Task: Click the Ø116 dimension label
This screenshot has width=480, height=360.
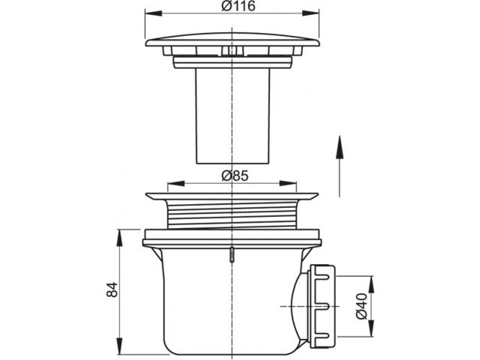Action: coord(238,6)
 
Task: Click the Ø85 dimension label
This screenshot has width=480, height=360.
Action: coord(235,175)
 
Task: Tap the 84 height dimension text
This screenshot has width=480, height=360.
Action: coord(112,289)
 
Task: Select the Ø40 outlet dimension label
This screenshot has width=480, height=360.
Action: coord(361,306)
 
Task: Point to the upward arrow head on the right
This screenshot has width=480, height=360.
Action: coord(339,147)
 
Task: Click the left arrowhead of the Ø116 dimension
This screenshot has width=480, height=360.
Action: coord(153,13)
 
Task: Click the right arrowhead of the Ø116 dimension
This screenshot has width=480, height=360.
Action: coord(311,13)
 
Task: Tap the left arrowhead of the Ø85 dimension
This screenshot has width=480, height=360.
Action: coord(176,183)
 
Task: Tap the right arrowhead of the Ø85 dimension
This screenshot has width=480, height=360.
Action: coord(288,183)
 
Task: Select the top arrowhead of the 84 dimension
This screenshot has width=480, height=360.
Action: coord(119,238)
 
